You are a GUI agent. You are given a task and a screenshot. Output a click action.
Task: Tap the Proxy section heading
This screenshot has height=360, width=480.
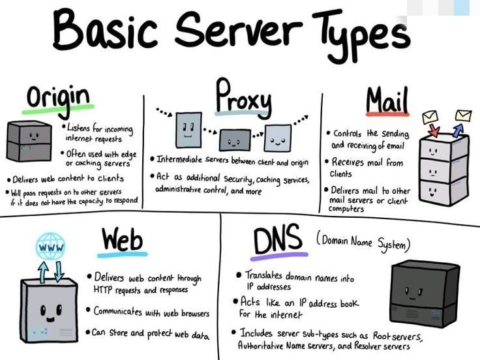243,96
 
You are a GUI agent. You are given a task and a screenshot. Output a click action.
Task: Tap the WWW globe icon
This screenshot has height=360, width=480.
50,247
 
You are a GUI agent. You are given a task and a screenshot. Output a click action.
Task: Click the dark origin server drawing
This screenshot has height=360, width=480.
29,142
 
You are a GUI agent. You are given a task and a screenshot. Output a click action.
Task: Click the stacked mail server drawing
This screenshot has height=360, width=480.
443,170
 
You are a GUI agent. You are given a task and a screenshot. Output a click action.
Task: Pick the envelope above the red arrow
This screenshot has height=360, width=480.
430,118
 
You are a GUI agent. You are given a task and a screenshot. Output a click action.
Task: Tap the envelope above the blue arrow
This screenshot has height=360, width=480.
463,115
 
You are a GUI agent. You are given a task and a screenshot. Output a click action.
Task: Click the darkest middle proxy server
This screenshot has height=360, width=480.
234,139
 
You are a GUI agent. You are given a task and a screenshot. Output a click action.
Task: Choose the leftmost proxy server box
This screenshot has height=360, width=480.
188,128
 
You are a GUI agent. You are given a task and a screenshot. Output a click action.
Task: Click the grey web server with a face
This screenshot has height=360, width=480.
49,309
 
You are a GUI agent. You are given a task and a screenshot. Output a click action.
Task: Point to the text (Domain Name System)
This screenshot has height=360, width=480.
364,242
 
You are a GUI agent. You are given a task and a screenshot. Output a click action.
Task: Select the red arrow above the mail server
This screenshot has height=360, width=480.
435,130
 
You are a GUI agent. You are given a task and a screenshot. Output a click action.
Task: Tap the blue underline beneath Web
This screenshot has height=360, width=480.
123,254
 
